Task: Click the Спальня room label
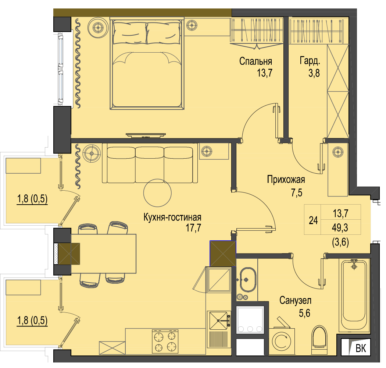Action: point(255,61)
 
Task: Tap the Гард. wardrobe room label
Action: point(310,61)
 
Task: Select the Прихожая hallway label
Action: point(286,180)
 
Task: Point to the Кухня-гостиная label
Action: point(172,217)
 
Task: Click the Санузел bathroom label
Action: point(295,300)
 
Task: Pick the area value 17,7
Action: point(193,228)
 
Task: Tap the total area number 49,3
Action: point(340,228)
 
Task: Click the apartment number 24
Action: point(313,220)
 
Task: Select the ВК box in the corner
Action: point(356,347)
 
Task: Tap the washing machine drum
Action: point(282,342)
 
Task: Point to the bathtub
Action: point(354,295)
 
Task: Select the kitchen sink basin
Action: point(218,321)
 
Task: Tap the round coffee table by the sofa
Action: point(158,193)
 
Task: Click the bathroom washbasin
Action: point(248,280)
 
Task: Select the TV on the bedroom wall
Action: point(146,135)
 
